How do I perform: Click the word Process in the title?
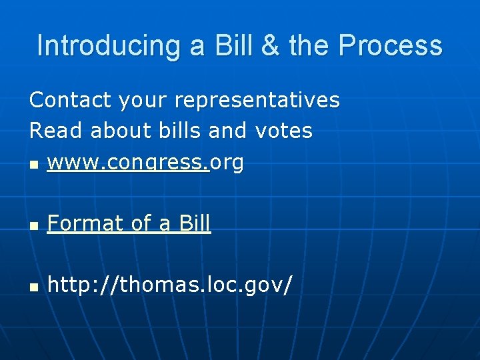(x=390, y=46)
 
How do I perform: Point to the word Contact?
(x=71, y=100)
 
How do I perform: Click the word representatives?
(x=257, y=100)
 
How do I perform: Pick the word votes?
(x=284, y=131)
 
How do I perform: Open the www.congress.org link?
(x=145, y=162)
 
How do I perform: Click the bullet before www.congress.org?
(x=34, y=163)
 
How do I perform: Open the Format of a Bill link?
(x=129, y=224)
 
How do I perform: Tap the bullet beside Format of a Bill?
(x=34, y=225)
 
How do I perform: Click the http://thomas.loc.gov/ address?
(x=169, y=286)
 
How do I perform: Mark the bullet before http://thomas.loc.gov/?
(x=34, y=287)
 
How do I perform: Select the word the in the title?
(x=310, y=46)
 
